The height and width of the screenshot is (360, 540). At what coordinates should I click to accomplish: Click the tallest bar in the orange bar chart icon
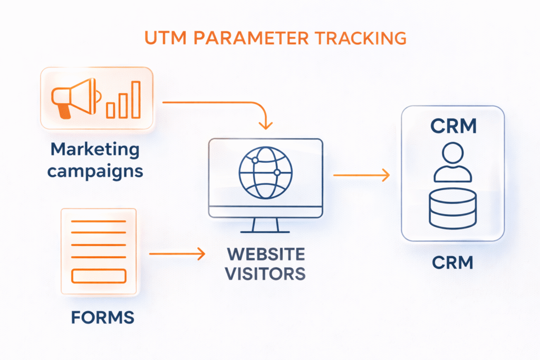coord(136,99)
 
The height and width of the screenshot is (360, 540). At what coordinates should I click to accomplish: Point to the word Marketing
coord(95,149)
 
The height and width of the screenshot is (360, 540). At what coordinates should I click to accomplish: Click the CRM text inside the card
coord(453,127)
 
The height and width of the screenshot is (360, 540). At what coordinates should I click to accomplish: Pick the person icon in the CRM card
coord(452,164)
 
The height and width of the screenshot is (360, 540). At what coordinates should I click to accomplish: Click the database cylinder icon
coord(452,208)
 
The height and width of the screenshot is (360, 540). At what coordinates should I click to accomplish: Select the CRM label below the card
coord(453,262)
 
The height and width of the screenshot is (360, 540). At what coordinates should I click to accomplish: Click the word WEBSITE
coord(265,254)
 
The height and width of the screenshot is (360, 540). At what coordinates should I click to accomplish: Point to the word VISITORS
coord(265,274)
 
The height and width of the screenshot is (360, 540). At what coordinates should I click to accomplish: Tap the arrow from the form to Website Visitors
coord(177,255)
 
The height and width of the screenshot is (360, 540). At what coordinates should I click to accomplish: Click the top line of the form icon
coord(99,221)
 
